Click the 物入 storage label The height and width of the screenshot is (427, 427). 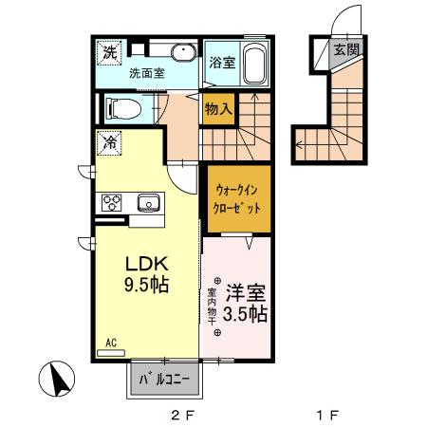pyautogui.click(x=218, y=108)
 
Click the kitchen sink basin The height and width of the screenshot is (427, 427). pyautogui.click(x=149, y=202)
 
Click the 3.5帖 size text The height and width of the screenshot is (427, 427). pyautogui.click(x=246, y=314)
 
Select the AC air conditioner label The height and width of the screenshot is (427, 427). pyautogui.click(x=110, y=342)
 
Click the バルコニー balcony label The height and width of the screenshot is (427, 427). pyautogui.click(x=165, y=381)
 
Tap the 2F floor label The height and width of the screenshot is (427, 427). pyautogui.click(x=181, y=414)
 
